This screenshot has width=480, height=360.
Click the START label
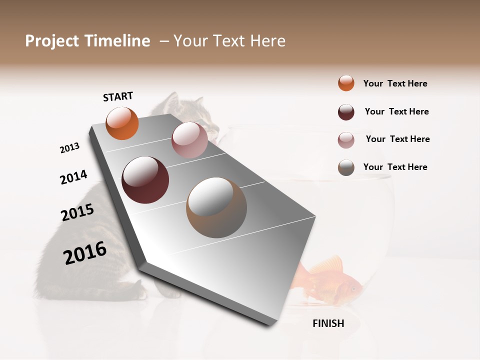click(118, 96)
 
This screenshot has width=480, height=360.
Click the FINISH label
click(328, 323)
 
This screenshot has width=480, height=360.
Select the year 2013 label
click(69, 148)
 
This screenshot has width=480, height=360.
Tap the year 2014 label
click(73, 177)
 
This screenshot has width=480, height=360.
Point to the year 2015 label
click(77, 212)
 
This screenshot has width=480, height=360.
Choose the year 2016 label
click(85, 252)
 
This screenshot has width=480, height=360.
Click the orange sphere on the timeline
click(122, 123)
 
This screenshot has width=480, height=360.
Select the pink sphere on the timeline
click(189, 140)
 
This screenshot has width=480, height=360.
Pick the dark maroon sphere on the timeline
click(145, 180)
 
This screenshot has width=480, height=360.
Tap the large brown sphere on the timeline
click(216, 207)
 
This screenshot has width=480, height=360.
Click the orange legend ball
click(346, 83)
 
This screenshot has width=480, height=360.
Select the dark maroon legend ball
click(346, 111)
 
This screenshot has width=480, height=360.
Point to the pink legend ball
click(346, 139)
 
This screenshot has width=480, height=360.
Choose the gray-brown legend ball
click(346, 167)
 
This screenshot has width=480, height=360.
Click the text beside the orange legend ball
click(395, 83)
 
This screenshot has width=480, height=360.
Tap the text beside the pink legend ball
click(397, 139)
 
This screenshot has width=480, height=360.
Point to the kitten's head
click(195, 112)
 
